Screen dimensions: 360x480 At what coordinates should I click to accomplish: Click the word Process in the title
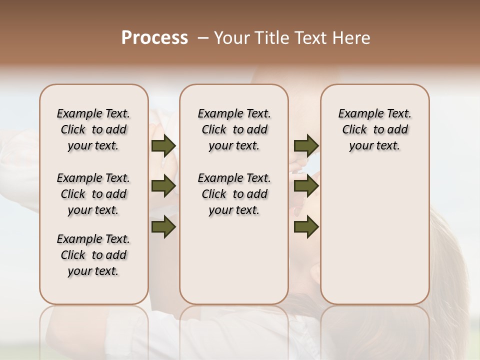(x=154, y=38)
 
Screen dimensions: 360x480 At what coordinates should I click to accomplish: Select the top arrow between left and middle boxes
(x=163, y=145)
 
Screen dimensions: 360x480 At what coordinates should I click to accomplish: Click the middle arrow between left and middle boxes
(x=163, y=186)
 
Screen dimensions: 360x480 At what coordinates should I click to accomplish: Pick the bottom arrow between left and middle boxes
(x=163, y=226)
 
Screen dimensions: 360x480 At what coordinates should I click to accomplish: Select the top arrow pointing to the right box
(x=306, y=145)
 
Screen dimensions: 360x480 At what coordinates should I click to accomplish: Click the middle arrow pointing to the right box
(x=306, y=186)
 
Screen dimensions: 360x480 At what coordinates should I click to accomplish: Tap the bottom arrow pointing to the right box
(x=306, y=226)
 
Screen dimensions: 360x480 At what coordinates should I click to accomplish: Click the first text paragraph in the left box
(x=93, y=129)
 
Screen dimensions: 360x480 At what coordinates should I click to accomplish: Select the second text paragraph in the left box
(x=93, y=194)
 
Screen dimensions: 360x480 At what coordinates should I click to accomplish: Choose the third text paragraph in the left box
(x=93, y=255)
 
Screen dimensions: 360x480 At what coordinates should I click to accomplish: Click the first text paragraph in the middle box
(x=234, y=129)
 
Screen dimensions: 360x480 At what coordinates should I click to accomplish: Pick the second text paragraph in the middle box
(x=234, y=194)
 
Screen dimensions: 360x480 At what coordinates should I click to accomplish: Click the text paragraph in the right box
(x=375, y=129)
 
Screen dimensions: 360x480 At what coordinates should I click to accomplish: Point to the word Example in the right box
(x=357, y=114)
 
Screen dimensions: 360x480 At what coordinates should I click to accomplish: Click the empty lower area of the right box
(x=375, y=235)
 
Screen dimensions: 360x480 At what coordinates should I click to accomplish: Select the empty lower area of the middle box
(x=234, y=260)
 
